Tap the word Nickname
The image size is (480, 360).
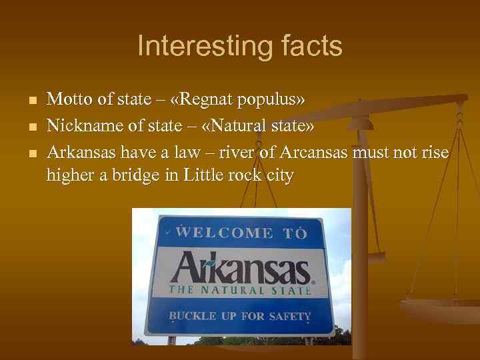(80, 126)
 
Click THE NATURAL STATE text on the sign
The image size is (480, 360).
(239, 290)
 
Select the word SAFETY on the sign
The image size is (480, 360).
(288, 316)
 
